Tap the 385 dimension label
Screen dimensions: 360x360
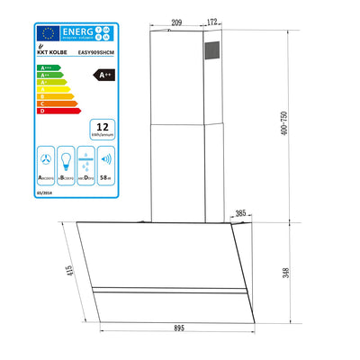241,214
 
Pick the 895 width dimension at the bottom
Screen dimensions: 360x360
181,327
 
